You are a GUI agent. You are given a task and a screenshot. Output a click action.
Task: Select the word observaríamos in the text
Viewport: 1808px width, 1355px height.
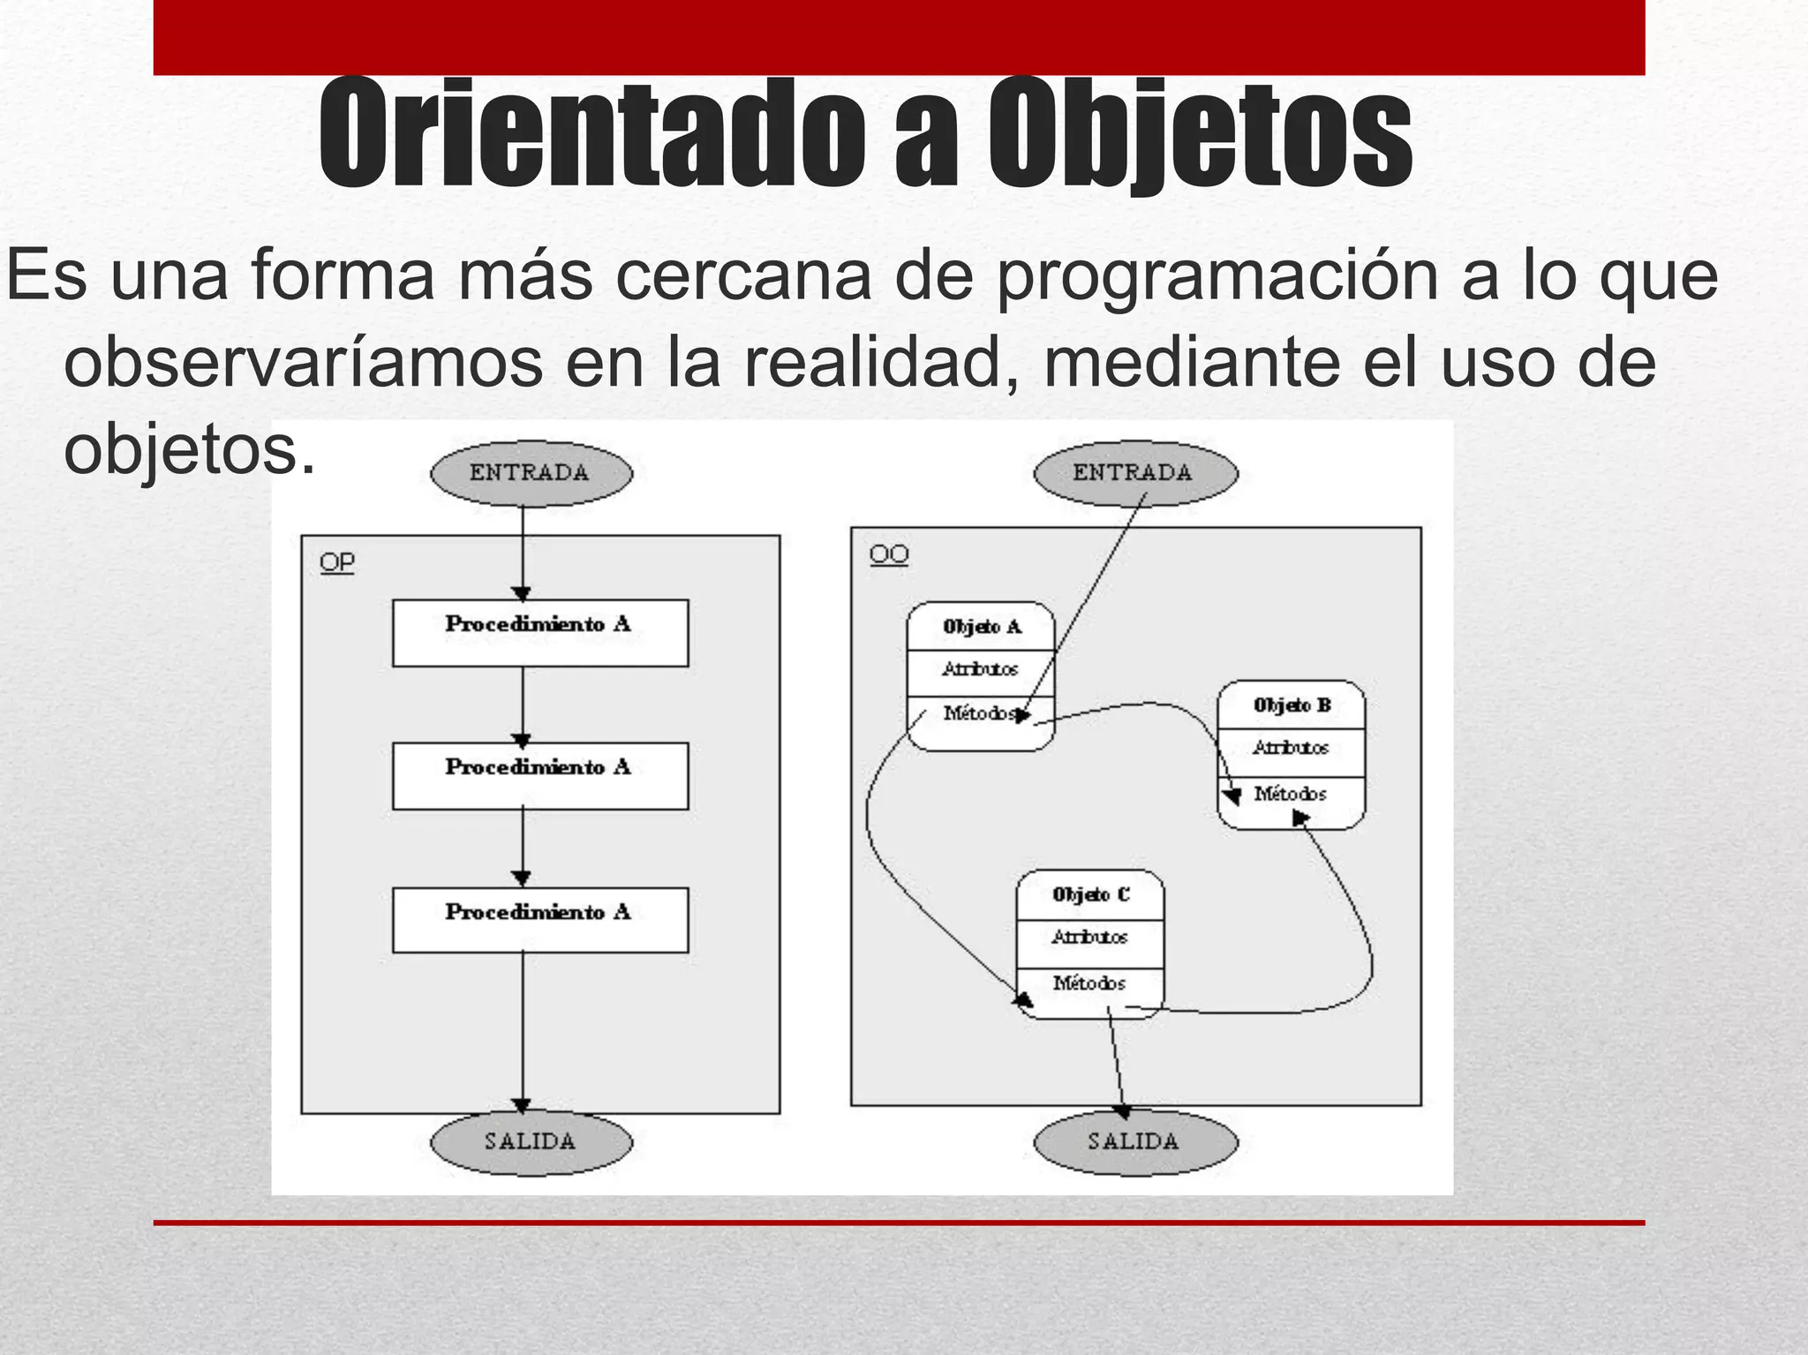[x=303, y=362]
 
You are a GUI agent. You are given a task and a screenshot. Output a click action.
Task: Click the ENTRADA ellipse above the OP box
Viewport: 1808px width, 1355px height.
[x=531, y=473]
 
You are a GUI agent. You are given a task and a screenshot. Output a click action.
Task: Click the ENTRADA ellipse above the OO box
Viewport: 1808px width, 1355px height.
[x=1134, y=473]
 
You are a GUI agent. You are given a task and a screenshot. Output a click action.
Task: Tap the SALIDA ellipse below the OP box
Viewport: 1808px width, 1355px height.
[x=531, y=1141]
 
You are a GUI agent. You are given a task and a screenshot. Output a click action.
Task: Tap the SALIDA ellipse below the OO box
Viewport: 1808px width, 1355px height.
[x=1134, y=1141]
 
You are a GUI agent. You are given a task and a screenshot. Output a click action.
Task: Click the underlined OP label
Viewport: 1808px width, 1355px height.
[x=336, y=562]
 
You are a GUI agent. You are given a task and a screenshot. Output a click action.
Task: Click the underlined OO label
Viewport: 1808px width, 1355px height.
[x=888, y=554]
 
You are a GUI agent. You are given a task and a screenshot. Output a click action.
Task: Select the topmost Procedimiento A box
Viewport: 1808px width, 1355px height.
[x=539, y=633]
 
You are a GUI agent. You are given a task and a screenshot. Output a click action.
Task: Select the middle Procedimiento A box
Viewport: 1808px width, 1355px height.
[x=539, y=776]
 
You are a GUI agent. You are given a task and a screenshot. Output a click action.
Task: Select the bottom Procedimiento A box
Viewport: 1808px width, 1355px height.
[x=539, y=920]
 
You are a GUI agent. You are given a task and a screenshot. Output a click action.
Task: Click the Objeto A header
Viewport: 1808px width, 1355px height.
[x=981, y=627]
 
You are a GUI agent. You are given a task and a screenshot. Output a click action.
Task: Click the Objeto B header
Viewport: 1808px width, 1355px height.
[x=1291, y=705]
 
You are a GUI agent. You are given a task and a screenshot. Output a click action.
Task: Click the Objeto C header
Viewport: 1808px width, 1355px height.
[x=1090, y=894]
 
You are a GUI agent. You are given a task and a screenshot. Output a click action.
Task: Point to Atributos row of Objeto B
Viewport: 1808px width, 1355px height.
[x=1291, y=749]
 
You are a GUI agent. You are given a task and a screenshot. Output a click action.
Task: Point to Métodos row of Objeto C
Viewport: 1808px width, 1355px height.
[x=1090, y=982]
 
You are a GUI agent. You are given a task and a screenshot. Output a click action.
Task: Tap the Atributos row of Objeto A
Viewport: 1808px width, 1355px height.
[x=981, y=670]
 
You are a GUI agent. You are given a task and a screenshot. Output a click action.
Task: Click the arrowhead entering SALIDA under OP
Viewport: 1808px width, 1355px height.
[x=522, y=1105]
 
